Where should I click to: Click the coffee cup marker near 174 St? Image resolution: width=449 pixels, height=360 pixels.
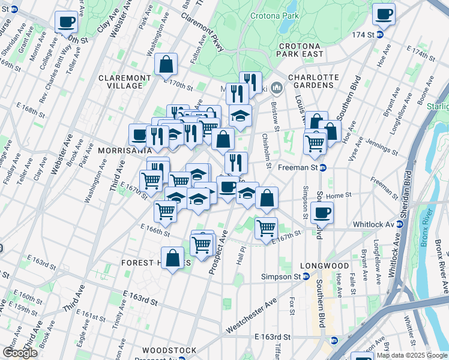[x=383, y=14]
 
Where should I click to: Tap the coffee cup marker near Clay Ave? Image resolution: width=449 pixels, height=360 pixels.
[x=66, y=22]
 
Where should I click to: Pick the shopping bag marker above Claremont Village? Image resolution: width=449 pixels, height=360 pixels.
[x=165, y=64]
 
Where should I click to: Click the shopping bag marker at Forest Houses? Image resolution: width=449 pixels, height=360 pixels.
[x=172, y=257]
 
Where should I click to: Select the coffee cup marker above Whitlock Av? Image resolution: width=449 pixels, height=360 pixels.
[x=322, y=212]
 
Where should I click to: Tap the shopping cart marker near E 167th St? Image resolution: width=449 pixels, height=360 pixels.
[x=266, y=227]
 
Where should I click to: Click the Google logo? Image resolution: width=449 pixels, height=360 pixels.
[x=20, y=353]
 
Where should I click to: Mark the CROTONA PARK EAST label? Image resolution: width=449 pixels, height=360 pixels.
[x=300, y=50]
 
